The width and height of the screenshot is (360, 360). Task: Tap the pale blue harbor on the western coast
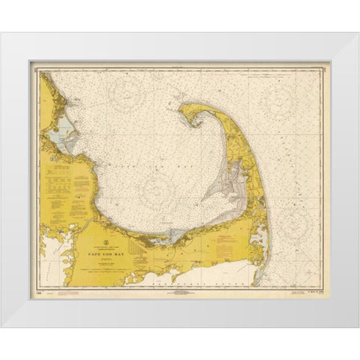[x=61, y=124]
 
